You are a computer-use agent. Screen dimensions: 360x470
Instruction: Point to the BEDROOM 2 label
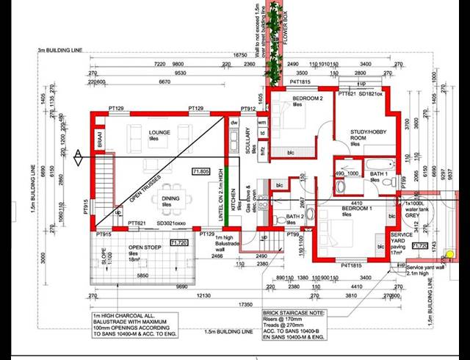point(308,99)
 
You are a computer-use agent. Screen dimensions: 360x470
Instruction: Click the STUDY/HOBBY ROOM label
point(358,134)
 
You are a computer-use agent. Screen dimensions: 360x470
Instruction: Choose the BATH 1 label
point(379,173)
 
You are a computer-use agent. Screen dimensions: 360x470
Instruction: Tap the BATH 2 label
point(294,216)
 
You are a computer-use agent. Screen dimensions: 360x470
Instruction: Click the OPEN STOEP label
point(124,248)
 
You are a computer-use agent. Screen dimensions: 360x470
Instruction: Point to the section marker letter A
point(78,153)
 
